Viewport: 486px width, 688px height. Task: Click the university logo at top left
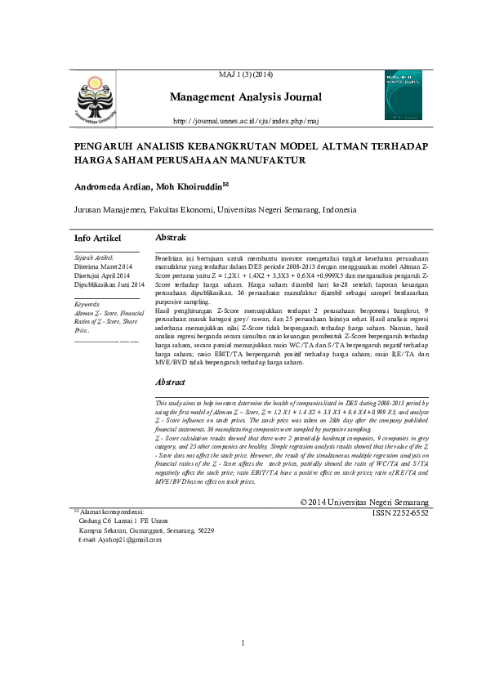click(97, 104)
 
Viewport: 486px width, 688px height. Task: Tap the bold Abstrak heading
click(171, 237)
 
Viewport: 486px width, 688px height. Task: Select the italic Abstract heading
click(170, 382)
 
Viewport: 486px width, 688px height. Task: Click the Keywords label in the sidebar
click(87, 304)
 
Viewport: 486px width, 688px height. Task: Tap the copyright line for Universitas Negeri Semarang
click(363, 502)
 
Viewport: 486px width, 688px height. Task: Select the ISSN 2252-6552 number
click(399, 512)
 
